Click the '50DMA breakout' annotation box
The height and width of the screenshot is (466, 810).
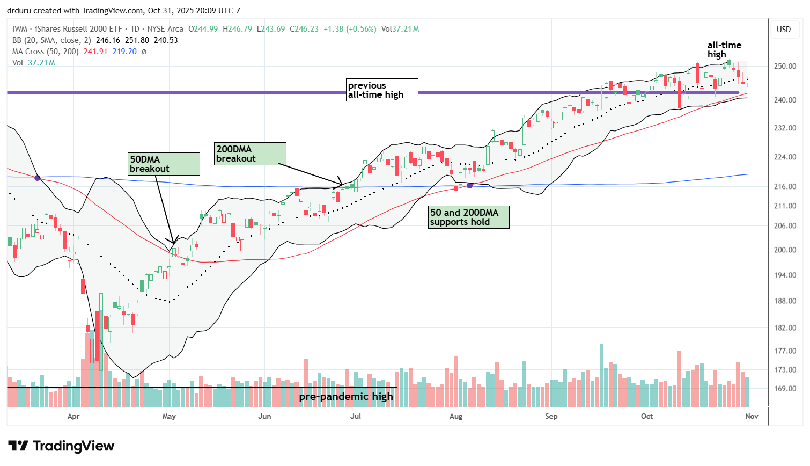164,164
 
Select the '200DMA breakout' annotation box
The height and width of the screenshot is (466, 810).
250,154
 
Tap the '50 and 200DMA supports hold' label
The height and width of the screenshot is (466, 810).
468,217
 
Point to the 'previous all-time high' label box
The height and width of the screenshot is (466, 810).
382,90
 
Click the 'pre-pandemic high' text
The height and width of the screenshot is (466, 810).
346,397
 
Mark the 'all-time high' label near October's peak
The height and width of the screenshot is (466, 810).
724,50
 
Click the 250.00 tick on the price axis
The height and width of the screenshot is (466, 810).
784,66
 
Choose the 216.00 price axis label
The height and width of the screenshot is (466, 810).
784,186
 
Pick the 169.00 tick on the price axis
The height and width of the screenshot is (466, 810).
784,389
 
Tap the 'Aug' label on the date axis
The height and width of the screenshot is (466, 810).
455,416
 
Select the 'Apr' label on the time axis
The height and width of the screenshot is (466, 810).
73,416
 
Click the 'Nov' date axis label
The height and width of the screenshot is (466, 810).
752,416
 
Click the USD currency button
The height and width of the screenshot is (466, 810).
784,30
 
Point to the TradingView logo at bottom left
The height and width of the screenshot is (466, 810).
61,446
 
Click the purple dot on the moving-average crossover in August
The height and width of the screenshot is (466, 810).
470,185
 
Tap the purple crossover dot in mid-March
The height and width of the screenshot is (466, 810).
37,178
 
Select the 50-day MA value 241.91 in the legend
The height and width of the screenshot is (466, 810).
95,52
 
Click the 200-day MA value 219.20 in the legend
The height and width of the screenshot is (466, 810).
124,52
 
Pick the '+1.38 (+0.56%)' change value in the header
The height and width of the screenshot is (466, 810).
349,29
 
